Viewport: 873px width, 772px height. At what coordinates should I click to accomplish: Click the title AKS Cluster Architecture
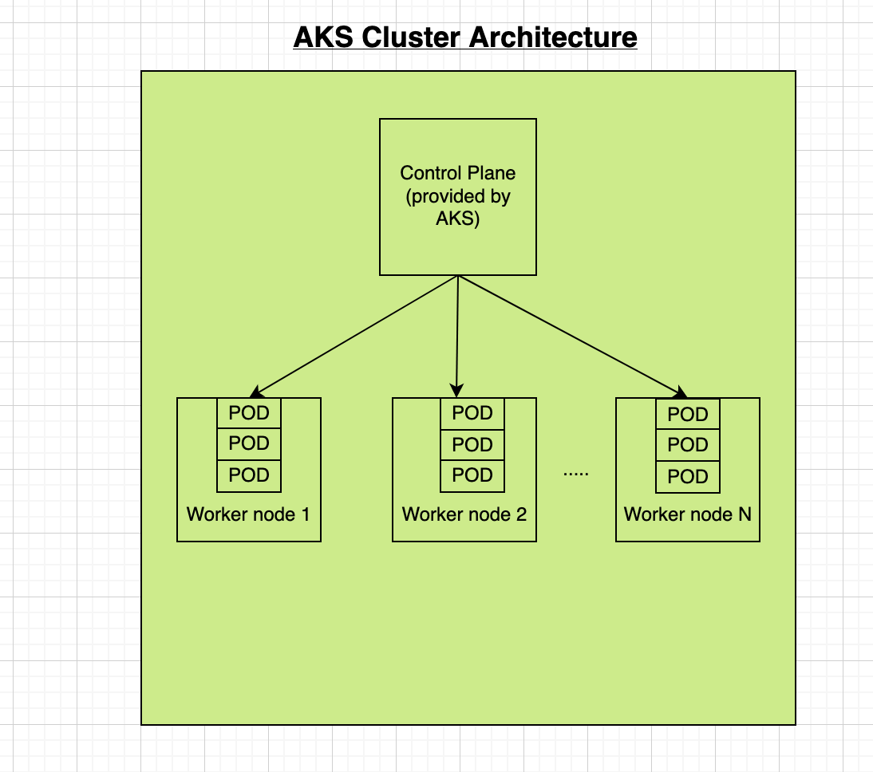pos(465,37)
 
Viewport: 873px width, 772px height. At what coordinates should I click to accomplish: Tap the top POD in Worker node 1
pos(249,413)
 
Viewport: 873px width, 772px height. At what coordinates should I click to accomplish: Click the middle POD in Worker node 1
pos(249,444)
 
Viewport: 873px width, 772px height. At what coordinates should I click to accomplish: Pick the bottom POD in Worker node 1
pos(249,475)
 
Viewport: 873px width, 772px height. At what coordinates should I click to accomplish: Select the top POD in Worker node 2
pos(472,413)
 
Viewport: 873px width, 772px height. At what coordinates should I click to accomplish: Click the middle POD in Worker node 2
pos(472,444)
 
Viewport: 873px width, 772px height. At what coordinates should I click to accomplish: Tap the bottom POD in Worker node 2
pos(472,475)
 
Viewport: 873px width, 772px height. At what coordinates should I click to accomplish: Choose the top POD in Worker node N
pos(688,415)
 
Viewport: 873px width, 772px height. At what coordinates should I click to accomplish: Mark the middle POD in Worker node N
pos(688,445)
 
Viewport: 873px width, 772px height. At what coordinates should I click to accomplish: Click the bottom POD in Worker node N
pos(688,477)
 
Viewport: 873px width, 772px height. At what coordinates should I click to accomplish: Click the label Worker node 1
pos(248,514)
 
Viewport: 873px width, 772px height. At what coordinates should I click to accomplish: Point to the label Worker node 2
pos(464,514)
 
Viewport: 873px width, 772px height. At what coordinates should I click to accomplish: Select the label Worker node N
pos(687,514)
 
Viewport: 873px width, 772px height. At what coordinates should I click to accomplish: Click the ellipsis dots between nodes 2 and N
pos(575,475)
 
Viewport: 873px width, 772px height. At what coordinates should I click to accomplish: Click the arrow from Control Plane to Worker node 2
pos(457,336)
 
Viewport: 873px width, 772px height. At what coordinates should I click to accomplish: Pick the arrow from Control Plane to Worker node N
pos(571,336)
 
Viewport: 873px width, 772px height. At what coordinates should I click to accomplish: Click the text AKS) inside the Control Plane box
pos(457,219)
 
